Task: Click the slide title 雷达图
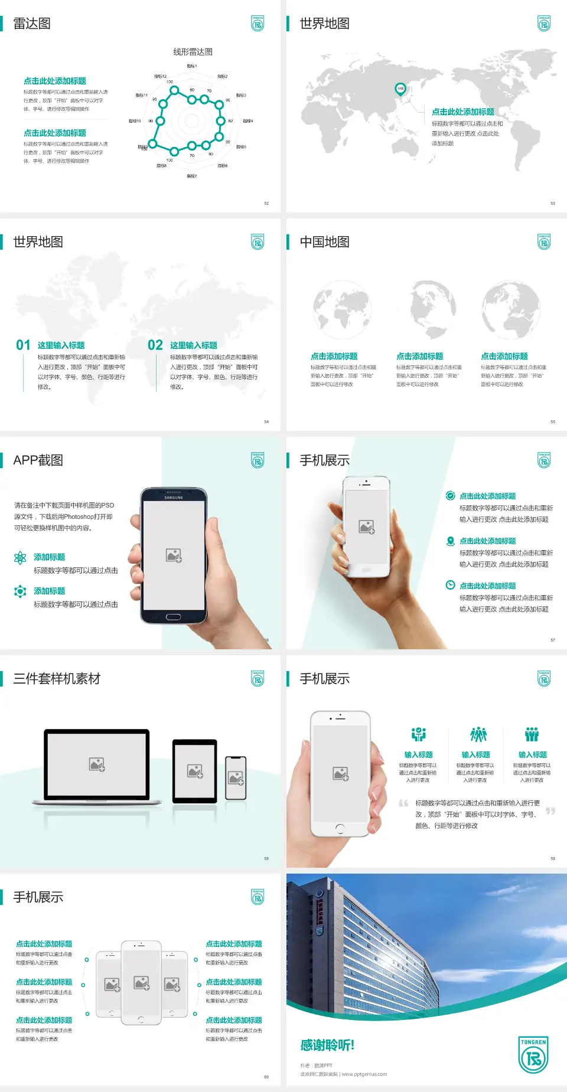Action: click(x=32, y=24)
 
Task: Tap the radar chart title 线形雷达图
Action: click(x=193, y=52)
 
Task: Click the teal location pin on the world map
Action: click(x=400, y=89)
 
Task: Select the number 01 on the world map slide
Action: click(x=23, y=345)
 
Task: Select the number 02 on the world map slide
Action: click(x=155, y=345)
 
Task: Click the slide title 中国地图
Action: click(x=324, y=242)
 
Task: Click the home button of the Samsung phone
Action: click(x=173, y=617)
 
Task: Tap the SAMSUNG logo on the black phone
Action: click(x=174, y=498)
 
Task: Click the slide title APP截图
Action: click(x=38, y=460)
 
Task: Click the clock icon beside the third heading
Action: click(x=450, y=585)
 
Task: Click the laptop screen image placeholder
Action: click(x=97, y=764)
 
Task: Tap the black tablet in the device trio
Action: click(x=194, y=771)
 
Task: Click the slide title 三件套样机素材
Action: click(x=57, y=679)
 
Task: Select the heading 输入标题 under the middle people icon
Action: click(x=475, y=754)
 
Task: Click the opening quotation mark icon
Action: click(x=403, y=803)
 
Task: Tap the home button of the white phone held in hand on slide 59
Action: click(x=340, y=829)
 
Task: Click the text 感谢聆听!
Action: click(x=327, y=1045)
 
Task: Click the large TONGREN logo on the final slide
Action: click(x=533, y=1055)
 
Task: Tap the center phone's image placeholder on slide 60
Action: click(x=141, y=982)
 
